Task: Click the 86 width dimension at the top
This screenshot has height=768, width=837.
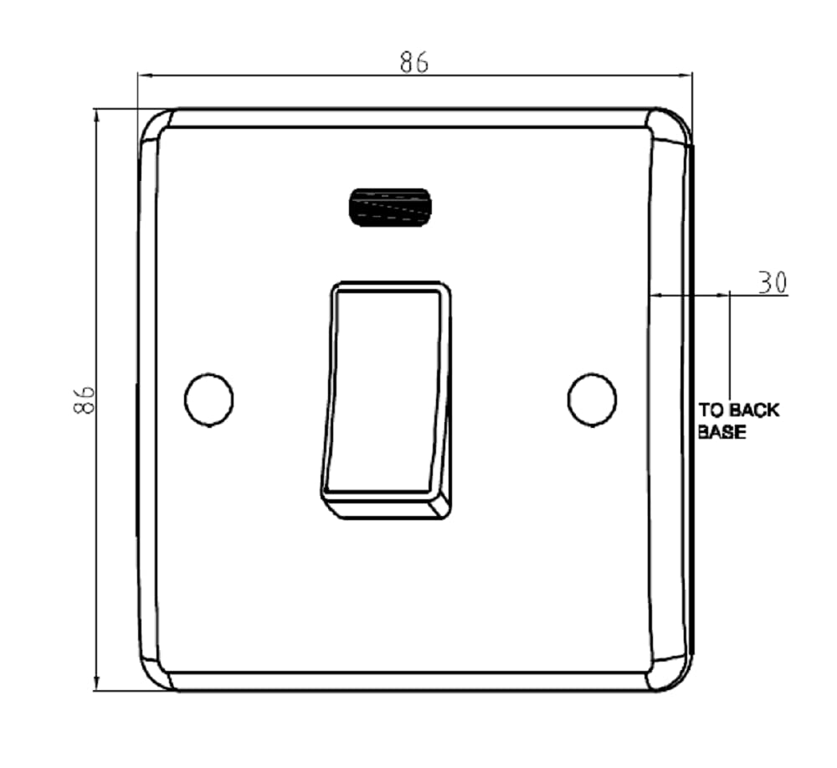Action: [x=414, y=62]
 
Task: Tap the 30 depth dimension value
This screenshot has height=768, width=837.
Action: [x=773, y=282]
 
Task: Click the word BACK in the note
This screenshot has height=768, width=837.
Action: [x=754, y=410]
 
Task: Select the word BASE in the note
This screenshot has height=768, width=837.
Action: [x=721, y=431]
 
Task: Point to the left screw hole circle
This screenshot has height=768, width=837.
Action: [x=208, y=400]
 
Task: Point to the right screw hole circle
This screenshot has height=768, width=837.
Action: [x=592, y=400]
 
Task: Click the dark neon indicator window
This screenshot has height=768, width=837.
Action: [x=390, y=207]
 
